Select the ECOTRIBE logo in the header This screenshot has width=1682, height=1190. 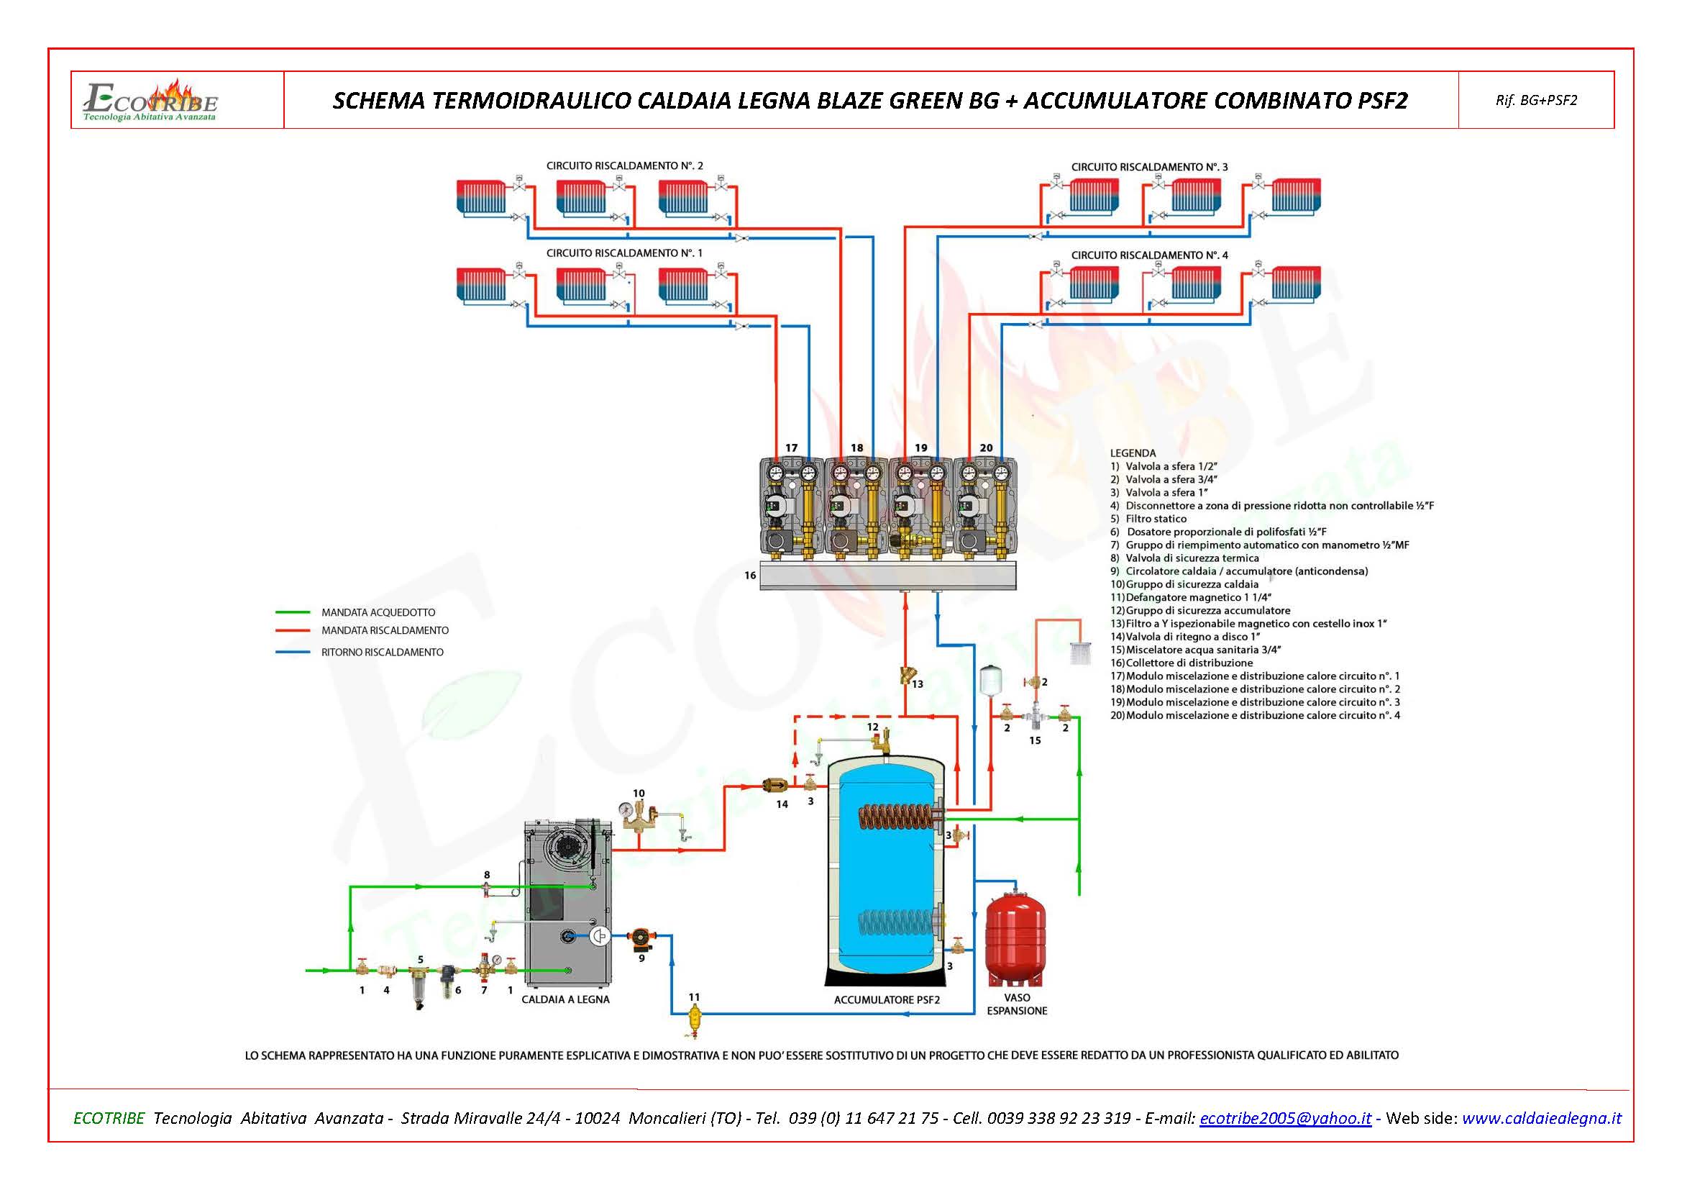tap(151, 101)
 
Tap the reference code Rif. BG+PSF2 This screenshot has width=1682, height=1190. tap(1535, 101)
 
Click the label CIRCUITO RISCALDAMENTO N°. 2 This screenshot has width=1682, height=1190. tap(624, 165)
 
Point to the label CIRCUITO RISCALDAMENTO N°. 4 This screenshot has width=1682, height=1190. tap(1149, 255)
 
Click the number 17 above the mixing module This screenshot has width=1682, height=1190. tap(791, 448)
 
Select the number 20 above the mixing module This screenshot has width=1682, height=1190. tap(986, 448)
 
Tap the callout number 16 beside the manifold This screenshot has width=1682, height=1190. tap(750, 576)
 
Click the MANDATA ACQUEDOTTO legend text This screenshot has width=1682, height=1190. tap(378, 612)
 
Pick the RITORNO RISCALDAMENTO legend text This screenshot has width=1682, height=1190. tap(382, 652)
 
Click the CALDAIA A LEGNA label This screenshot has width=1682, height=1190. tap(565, 999)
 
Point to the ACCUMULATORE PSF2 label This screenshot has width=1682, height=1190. tap(887, 999)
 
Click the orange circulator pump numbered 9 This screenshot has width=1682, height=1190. tap(641, 938)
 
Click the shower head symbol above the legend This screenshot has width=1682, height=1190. tap(1081, 652)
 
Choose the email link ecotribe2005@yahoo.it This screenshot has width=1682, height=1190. tap(1285, 1118)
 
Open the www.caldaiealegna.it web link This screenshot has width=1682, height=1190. tap(1541, 1118)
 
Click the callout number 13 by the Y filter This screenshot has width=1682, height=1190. tap(917, 684)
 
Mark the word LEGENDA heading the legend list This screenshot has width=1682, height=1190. tap(1133, 453)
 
